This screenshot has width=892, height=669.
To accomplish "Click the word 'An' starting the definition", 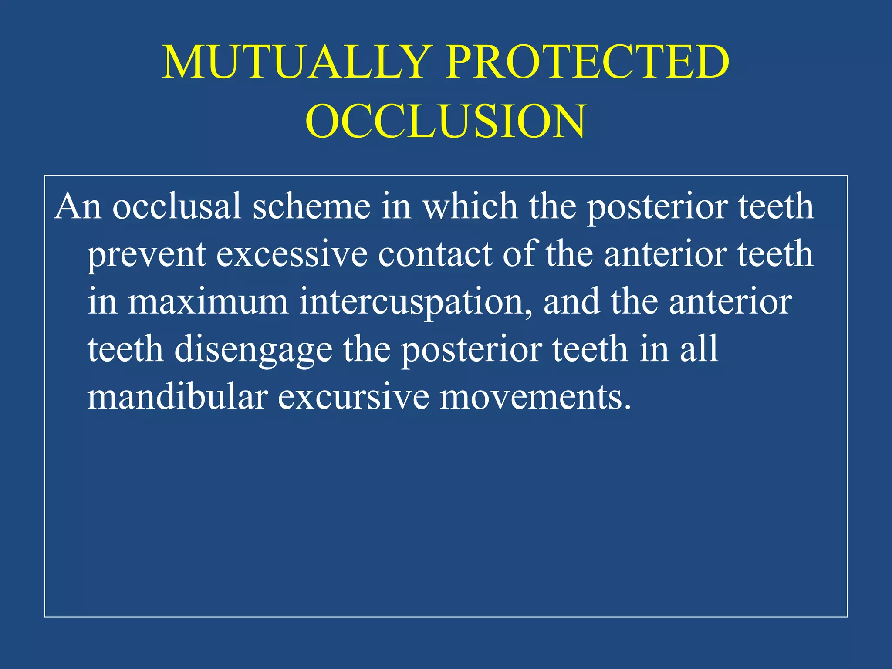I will click(78, 206).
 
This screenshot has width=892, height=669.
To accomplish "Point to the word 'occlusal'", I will click(176, 206).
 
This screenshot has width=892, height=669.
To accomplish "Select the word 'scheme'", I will click(311, 206).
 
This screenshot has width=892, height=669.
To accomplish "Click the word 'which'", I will click(470, 206).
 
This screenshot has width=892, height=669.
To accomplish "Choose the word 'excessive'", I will click(292, 254).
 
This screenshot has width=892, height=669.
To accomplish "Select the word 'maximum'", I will click(208, 302).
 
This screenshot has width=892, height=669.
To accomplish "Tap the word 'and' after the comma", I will click(571, 302).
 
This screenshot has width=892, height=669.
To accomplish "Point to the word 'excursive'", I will click(353, 398).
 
